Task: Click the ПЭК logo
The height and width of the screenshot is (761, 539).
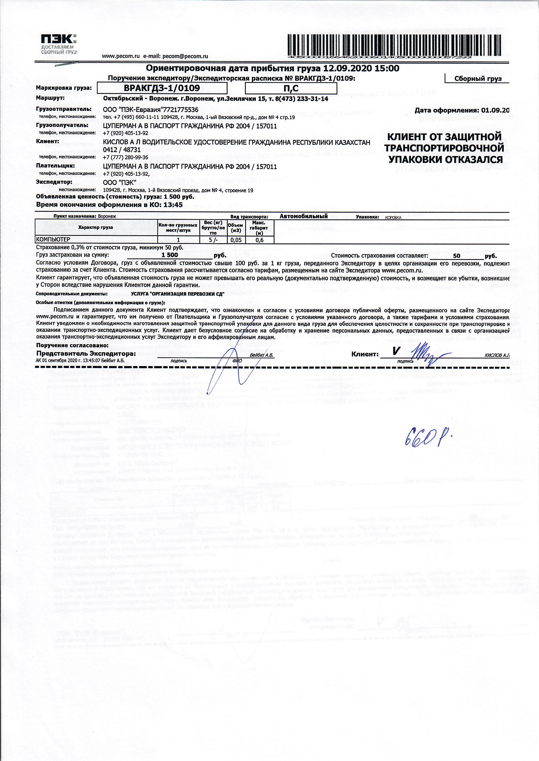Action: pyautogui.click(x=59, y=44)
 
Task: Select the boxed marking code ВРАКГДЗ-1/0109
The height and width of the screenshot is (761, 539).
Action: pyautogui.click(x=162, y=88)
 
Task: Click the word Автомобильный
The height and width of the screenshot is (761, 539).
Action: pyautogui.click(x=304, y=216)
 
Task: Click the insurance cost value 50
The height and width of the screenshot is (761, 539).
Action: pyautogui.click(x=456, y=256)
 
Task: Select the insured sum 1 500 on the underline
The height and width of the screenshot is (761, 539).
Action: pyautogui.click(x=170, y=255)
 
